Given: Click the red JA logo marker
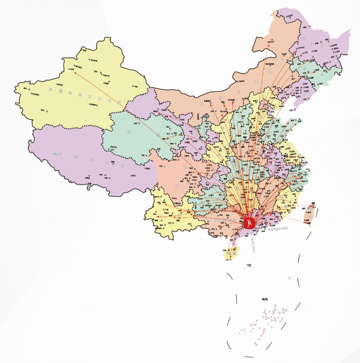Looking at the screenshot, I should (x=249, y=222).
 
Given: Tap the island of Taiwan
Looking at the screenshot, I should (x=308, y=214).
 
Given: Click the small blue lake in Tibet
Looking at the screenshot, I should (x=57, y=153).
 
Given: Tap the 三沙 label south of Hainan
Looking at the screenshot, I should (x=248, y=265).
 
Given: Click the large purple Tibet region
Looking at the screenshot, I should (x=79, y=162).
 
